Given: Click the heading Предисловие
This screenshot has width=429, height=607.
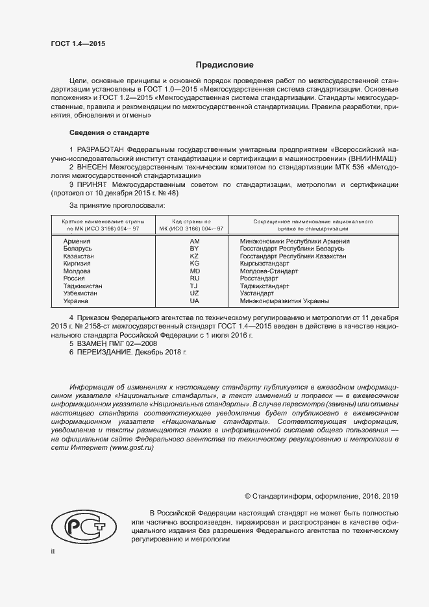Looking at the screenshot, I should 225,65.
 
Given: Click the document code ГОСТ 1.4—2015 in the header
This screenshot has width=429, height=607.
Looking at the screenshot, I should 78,44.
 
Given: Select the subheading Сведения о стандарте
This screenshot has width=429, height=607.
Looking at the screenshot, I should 109,132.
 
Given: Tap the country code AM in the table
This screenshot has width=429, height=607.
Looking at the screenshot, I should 194,241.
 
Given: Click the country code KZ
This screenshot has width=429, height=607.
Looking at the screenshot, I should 194,256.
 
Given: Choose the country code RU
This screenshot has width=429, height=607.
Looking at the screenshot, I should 194,279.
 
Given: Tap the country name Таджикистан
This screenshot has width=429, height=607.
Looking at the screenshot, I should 82,286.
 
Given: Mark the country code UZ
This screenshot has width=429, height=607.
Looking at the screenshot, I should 194,293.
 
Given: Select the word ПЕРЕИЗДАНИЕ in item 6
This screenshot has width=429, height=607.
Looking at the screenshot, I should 104,351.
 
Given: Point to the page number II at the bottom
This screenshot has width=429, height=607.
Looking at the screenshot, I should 53,552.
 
